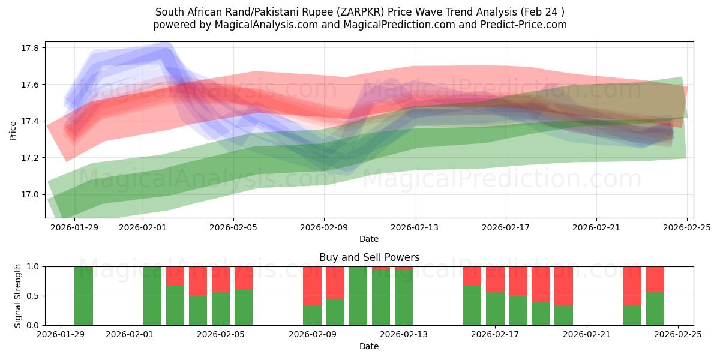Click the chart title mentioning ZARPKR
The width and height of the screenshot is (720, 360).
[x=359, y=12]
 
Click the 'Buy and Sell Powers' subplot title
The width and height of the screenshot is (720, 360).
[x=369, y=257]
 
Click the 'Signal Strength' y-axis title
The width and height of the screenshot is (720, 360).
[x=18, y=296]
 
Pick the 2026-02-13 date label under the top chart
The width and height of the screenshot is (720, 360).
[x=415, y=228]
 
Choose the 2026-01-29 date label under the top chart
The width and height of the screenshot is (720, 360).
[x=74, y=228]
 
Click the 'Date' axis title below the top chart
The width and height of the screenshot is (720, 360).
[x=369, y=239]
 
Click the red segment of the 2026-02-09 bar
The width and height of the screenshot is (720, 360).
[x=312, y=286]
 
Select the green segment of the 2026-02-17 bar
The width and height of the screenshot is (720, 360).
[x=495, y=308]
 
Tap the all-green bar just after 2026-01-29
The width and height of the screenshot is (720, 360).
[x=84, y=296]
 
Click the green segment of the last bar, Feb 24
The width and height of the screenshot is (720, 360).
[x=655, y=308]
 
